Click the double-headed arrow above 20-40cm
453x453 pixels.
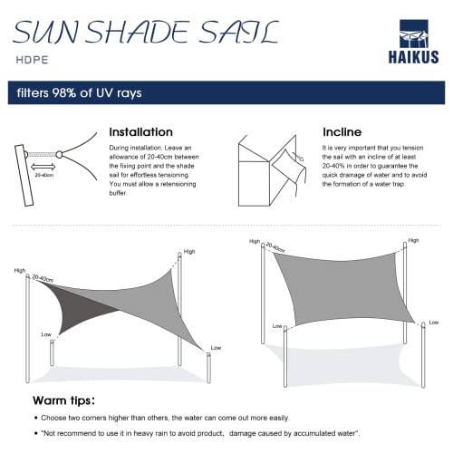click(43, 167)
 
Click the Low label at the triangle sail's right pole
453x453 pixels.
click(215, 347)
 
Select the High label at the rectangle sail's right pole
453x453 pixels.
click(414, 241)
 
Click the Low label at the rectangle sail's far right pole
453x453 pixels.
click(436, 322)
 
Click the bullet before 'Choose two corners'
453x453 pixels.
click(35, 419)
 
